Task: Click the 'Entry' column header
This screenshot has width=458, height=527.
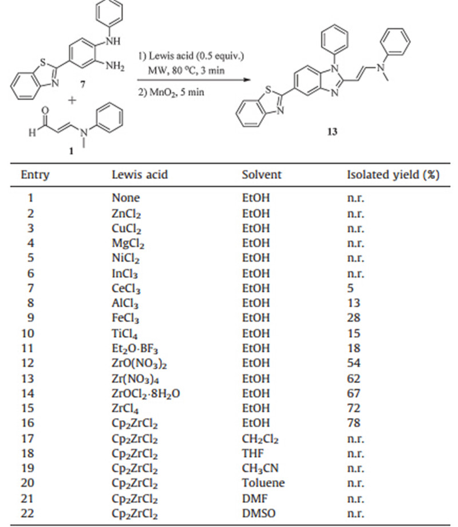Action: [x=35, y=175]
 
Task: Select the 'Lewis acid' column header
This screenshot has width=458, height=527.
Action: [x=140, y=175]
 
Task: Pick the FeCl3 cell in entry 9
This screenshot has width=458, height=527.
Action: [x=125, y=318]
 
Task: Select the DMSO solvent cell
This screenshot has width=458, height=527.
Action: [x=260, y=513]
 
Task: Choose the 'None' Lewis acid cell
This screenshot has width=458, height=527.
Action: [x=125, y=198]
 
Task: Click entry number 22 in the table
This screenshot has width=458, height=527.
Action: [x=27, y=513]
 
